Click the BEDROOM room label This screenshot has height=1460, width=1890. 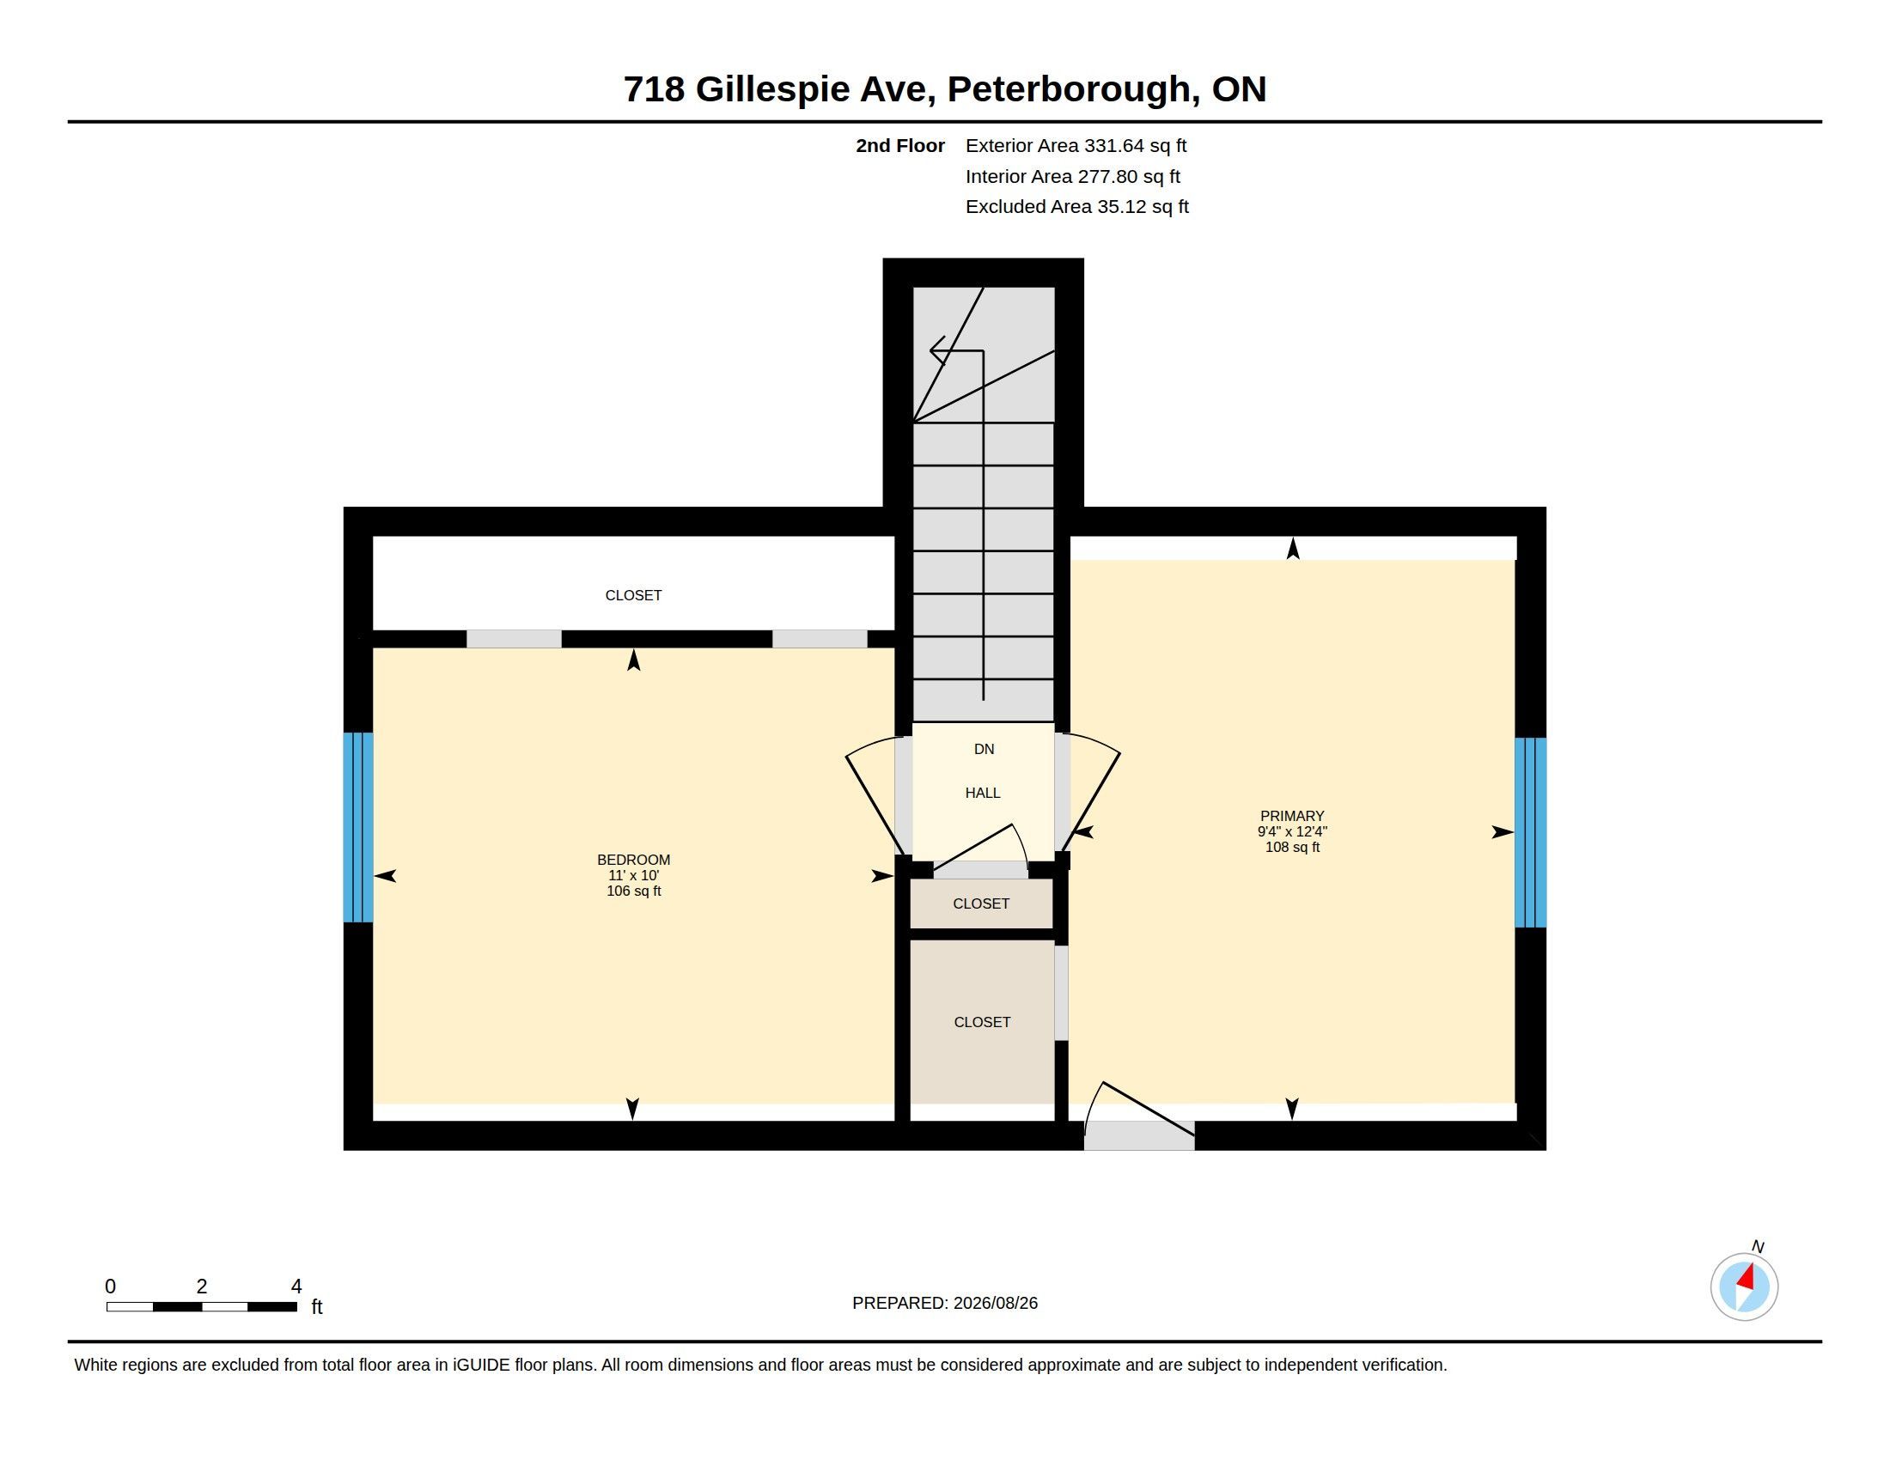633,860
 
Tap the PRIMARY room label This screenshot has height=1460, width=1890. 1292,816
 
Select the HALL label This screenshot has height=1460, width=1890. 983,793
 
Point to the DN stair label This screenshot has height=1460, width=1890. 984,749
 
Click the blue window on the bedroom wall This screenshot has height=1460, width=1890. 358,827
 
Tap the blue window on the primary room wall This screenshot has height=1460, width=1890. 1530,832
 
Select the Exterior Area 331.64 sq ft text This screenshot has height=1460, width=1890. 1076,145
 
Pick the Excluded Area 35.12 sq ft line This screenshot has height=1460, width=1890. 1076,207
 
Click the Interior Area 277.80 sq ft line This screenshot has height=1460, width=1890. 1072,176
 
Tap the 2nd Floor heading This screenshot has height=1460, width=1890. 900,145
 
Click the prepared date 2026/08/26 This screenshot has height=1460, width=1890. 995,1303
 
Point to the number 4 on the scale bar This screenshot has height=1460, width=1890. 296,1286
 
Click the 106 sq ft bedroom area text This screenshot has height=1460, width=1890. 633,891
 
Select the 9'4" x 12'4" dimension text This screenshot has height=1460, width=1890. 1292,831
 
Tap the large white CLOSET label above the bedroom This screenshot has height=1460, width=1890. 633,595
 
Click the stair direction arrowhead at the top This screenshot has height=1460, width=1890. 937,350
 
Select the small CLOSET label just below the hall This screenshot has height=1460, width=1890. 981,903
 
